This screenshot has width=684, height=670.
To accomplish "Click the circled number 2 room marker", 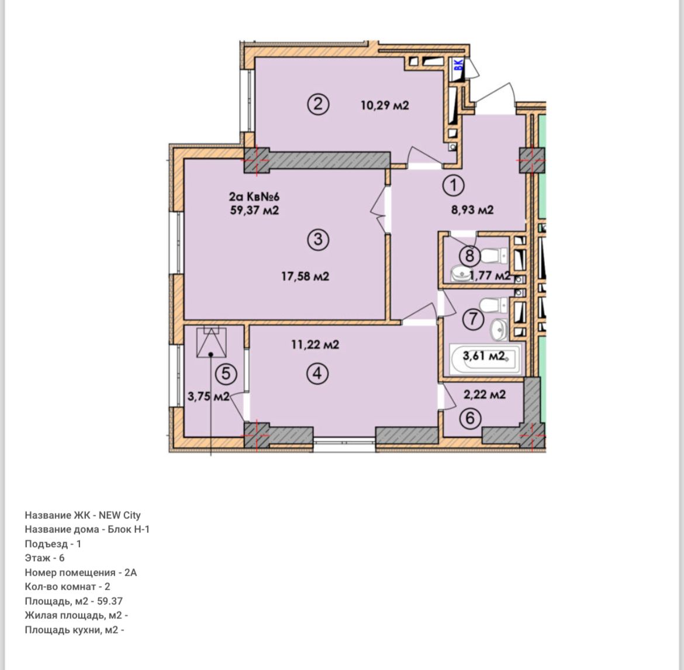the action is [318, 105].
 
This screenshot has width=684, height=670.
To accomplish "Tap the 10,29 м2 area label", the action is [385, 105].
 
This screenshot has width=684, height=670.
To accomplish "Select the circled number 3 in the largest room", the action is [318, 240].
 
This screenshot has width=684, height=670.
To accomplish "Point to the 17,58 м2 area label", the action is [305, 276].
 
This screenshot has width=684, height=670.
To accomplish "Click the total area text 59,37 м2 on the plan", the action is [254, 210].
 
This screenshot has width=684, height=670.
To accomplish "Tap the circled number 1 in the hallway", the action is [454, 186].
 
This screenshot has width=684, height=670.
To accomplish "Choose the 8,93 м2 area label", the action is [472, 210].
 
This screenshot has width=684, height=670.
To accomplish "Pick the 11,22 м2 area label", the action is [315, 344].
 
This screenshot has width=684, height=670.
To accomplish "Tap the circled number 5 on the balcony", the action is [226, 374].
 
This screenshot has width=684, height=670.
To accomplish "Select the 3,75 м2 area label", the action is [209, 396].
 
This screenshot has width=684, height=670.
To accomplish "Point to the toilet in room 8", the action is [495, 255].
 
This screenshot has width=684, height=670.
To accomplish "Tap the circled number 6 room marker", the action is [470, 419].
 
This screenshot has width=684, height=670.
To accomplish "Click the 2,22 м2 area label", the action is [485, 395].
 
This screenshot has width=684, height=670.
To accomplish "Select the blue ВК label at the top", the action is [458, 65].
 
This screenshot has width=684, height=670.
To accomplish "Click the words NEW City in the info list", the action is [119, 515].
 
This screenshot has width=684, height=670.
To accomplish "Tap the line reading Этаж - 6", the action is [44, 558].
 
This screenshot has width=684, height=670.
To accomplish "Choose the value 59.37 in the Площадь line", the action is [110, 601].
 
